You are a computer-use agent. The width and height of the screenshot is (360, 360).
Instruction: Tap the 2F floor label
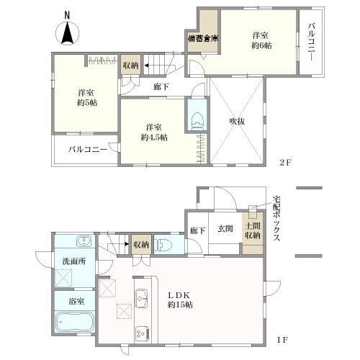tap(285, 163)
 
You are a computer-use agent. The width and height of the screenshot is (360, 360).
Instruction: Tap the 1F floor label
tap(282, 340)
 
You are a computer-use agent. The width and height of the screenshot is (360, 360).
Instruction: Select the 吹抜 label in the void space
tap(237, 122)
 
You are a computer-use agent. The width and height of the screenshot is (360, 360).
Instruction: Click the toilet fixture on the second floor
tap(198, 121)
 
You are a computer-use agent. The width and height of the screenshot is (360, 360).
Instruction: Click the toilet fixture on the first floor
tap(164, 246)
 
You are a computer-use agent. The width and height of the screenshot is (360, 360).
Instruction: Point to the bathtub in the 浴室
tap(74, 322)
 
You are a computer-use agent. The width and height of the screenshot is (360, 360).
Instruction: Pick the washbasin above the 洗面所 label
tap(84, 241)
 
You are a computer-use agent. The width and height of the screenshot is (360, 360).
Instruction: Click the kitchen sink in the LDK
tap(142, 298)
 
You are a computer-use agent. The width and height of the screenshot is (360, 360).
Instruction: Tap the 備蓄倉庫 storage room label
tap(203, 39)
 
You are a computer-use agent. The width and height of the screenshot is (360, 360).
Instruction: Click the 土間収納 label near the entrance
tap(253, 230)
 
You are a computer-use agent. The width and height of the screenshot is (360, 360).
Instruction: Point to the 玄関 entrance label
tap(225, 229)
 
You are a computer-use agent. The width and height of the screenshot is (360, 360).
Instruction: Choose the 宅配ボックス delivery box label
tap(276, 219)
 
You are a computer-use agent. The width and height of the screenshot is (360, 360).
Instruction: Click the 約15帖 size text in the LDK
tap(180, 305)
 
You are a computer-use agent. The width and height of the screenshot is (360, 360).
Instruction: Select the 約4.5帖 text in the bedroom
tap(154, 138)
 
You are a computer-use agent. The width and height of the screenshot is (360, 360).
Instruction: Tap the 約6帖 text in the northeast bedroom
tap(261, 45)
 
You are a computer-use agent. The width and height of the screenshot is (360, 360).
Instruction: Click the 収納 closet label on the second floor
tap(131, 65)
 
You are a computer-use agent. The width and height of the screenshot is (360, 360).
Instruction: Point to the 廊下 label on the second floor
tap(161, 86)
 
